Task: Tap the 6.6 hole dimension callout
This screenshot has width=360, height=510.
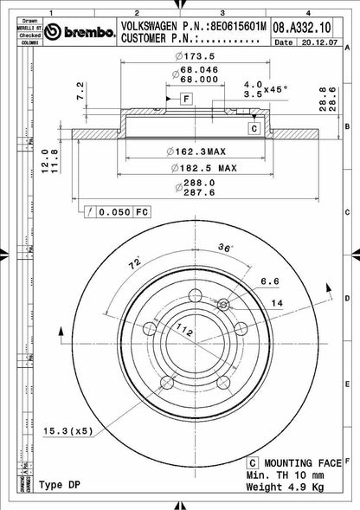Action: pyautogui.click(x=268, y=281)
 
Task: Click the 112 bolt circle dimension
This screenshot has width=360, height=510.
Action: pyautogui.click(x=183, y=327)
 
